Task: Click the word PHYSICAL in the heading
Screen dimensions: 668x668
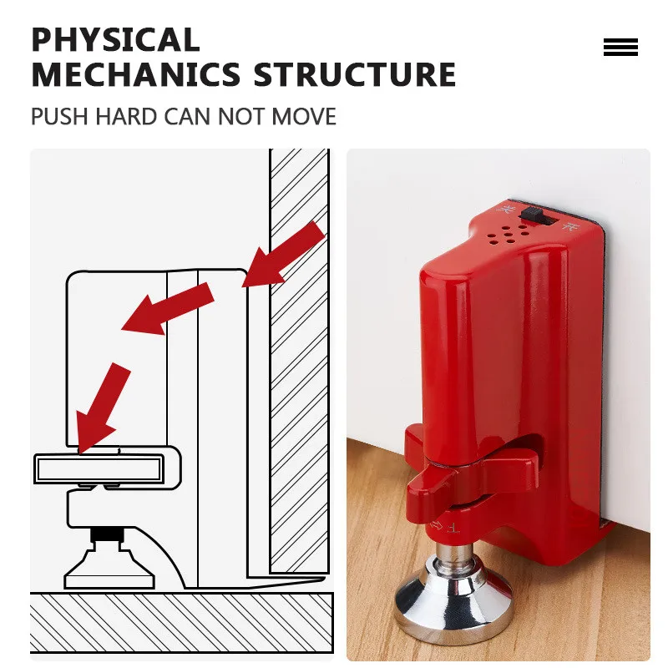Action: click(115, 39)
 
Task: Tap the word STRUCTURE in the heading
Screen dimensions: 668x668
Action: click(355, 75)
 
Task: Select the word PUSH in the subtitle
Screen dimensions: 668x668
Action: click(59, 116)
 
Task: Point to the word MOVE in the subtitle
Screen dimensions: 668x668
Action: click(303, 116)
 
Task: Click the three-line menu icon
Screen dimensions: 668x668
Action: click(620, 48)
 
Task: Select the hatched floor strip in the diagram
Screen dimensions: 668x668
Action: click(180, 618)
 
